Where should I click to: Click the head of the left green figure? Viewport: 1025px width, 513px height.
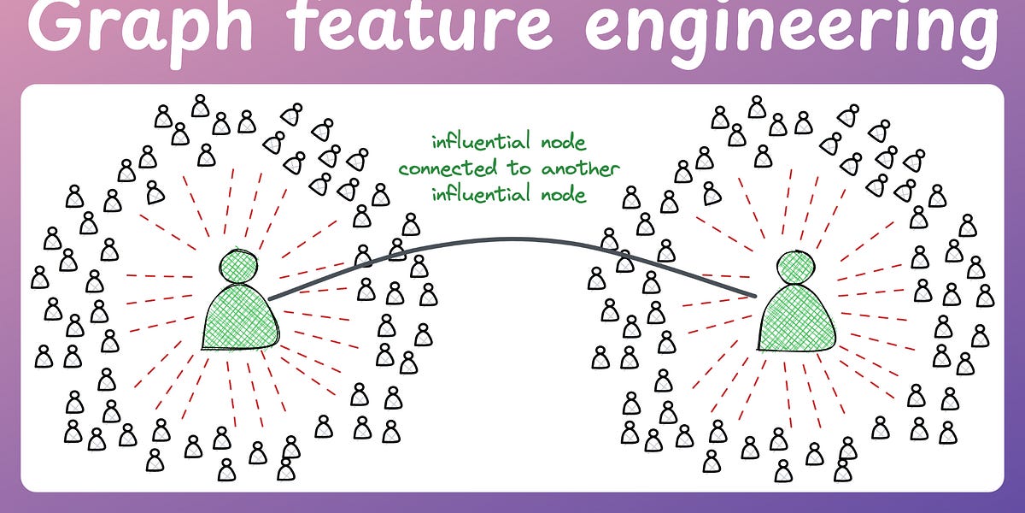point(239,266)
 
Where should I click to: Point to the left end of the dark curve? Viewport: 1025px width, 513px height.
point(270,298)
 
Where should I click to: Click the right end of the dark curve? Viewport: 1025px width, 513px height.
point(755,296)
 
